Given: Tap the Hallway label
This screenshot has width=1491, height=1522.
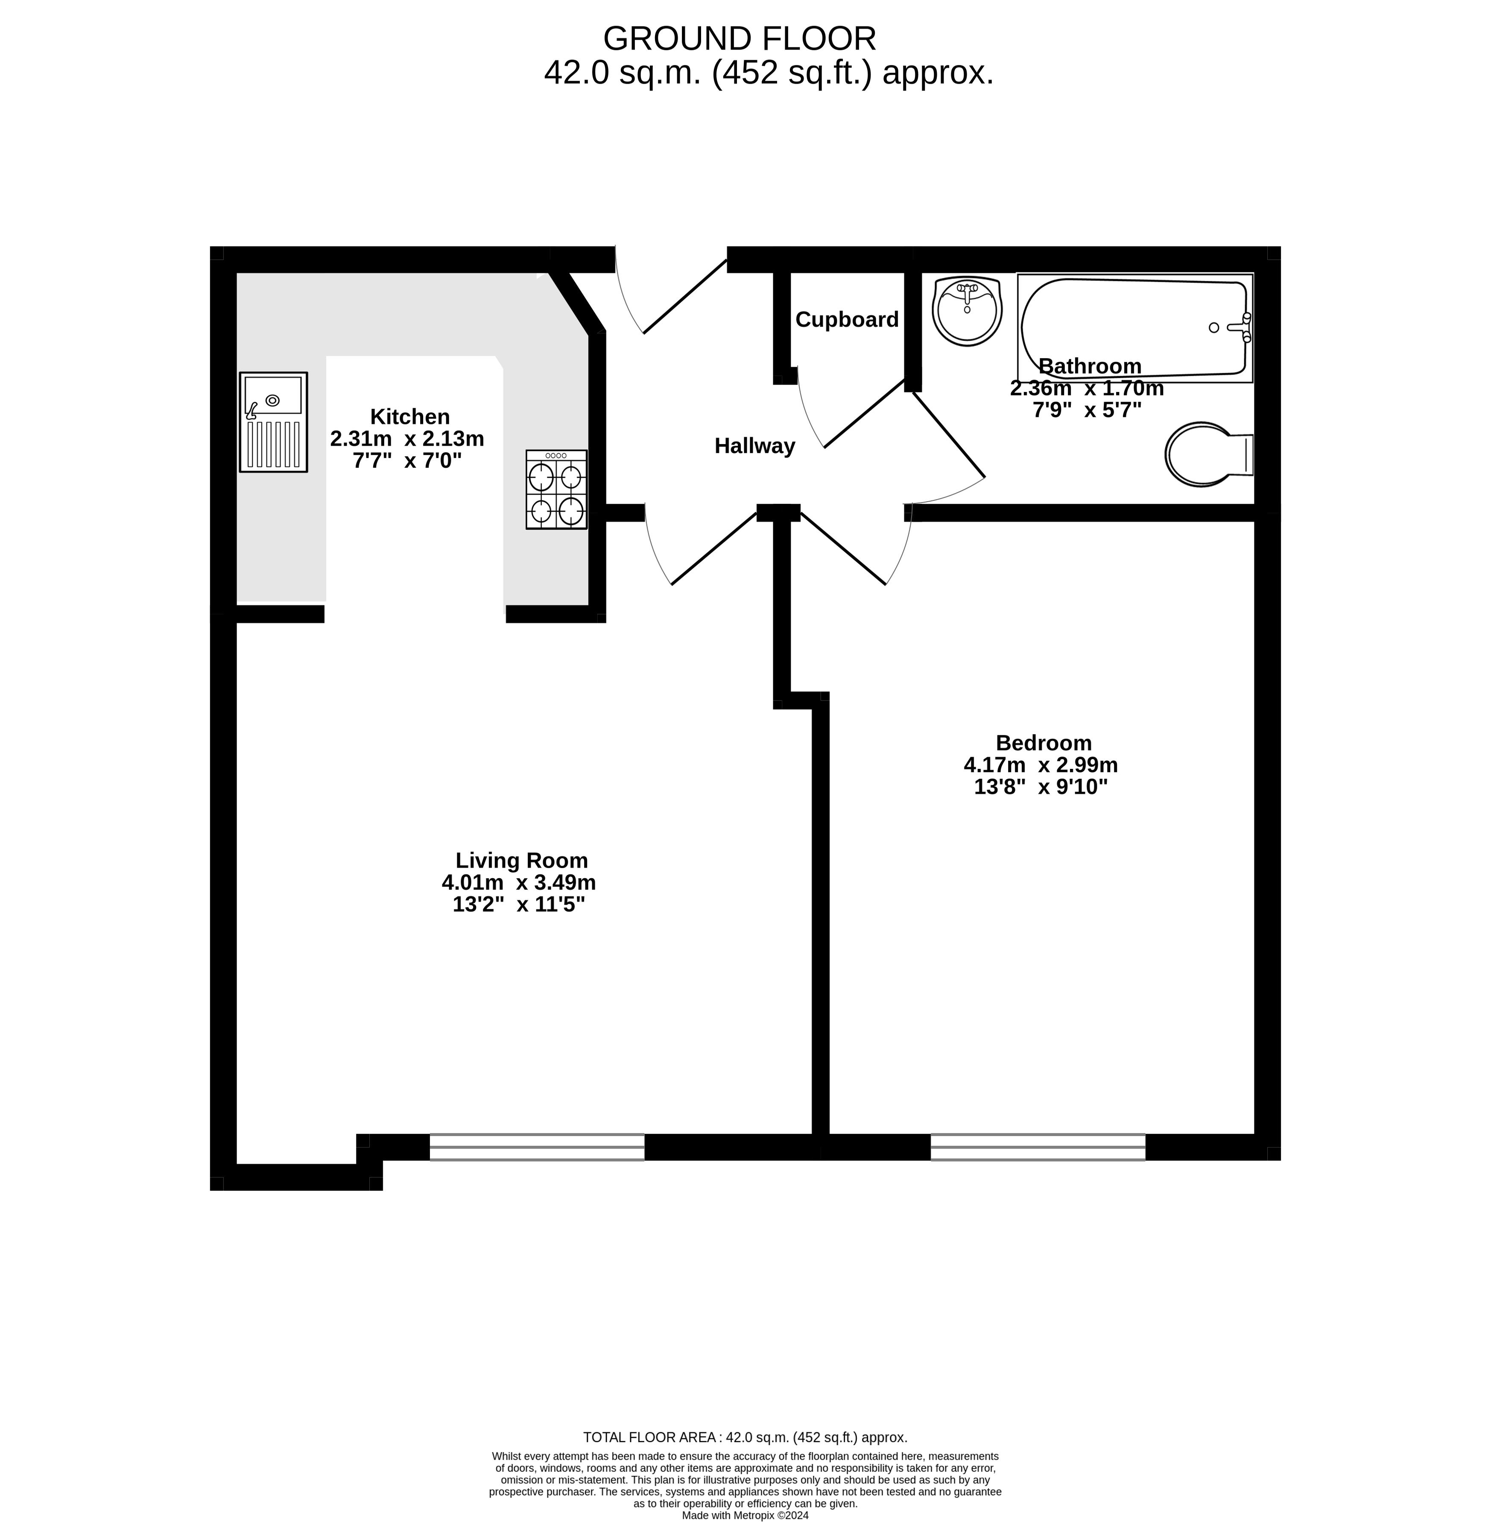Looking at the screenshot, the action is (x=755, y=446).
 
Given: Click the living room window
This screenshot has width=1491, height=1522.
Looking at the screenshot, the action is (x=537, y=1147).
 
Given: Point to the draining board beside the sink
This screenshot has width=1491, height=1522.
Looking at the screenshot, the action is (x=273, y=444).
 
